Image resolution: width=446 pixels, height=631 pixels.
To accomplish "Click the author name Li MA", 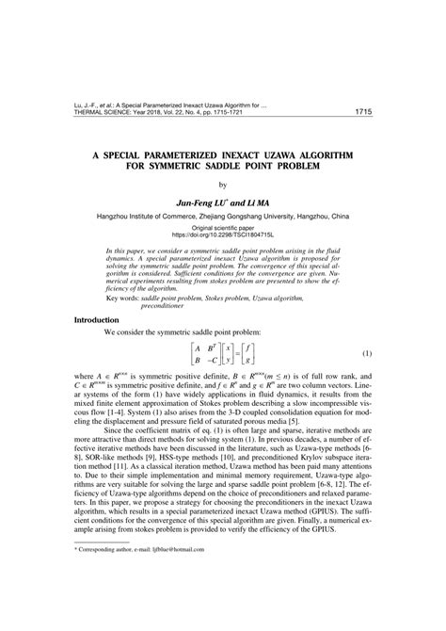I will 252,201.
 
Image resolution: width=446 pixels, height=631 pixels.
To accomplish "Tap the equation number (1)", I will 366,354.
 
